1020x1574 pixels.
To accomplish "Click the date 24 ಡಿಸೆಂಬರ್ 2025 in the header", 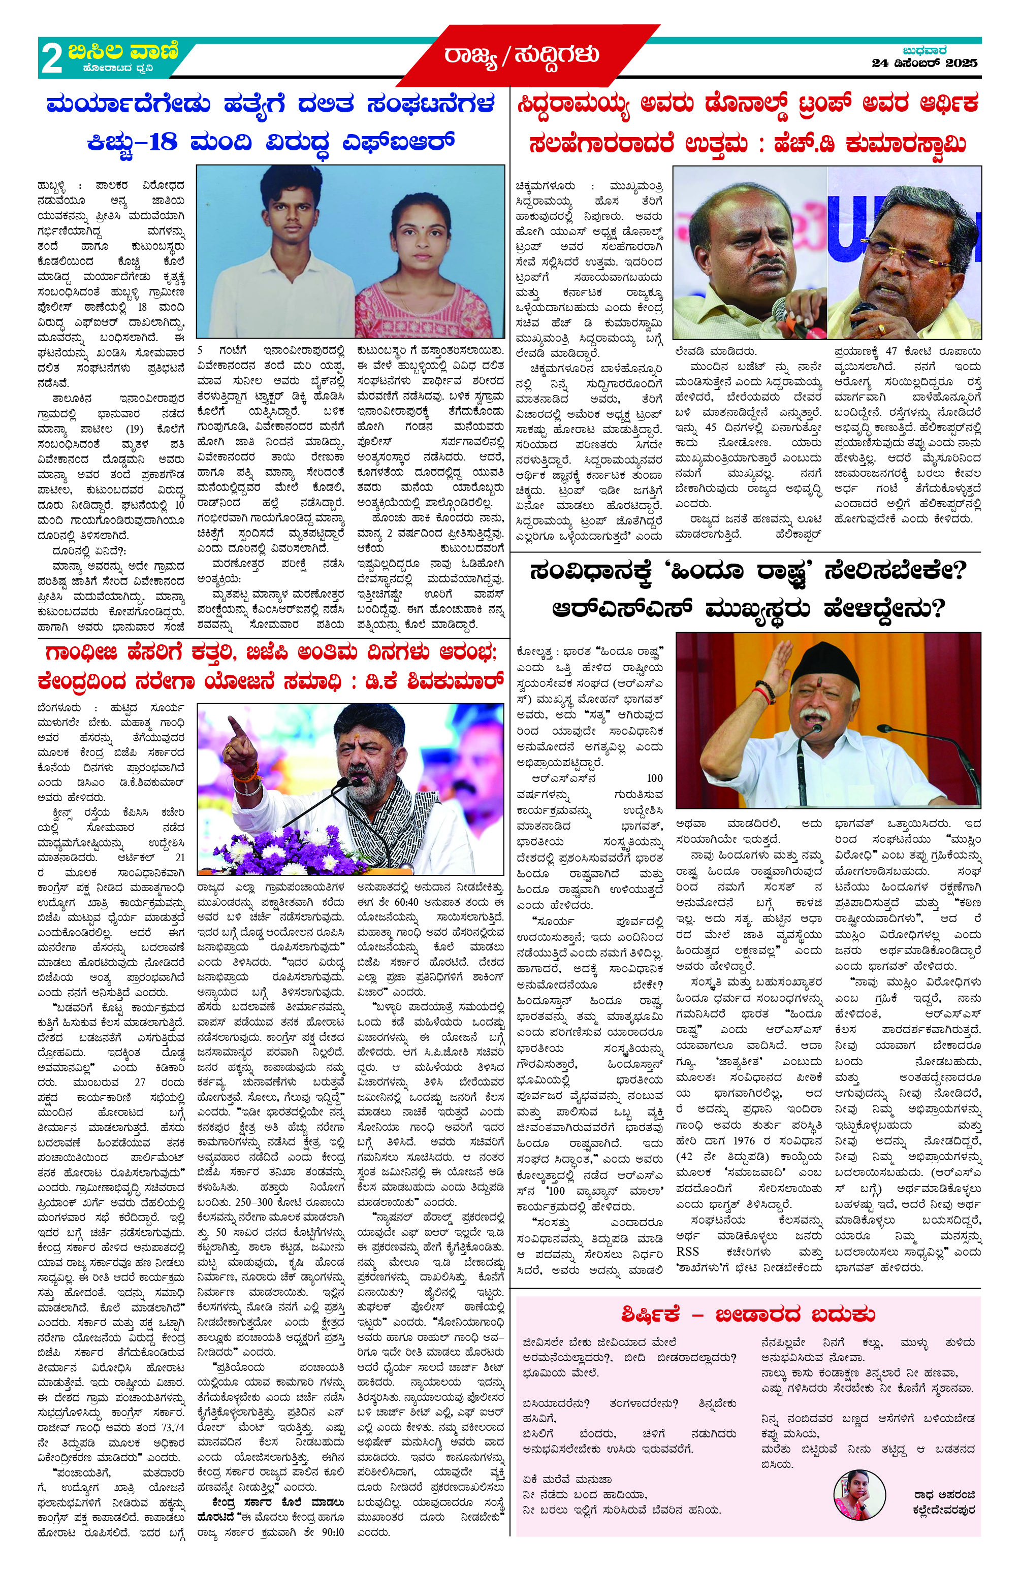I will (x=924, y=63).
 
